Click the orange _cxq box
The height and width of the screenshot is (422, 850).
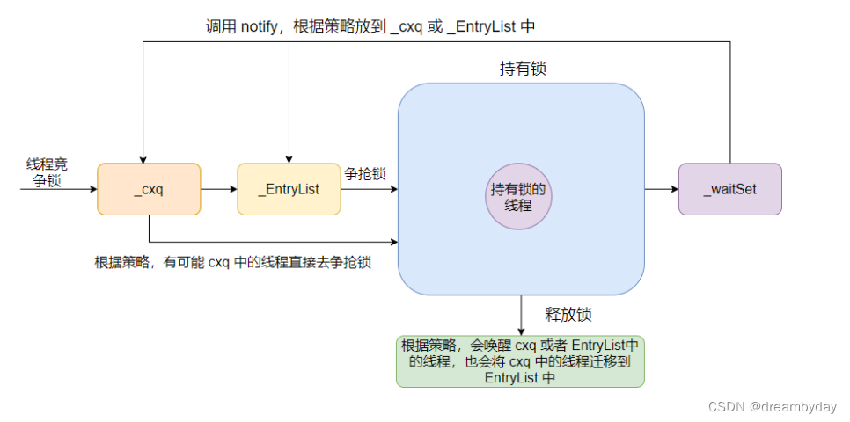(x=149, y=189)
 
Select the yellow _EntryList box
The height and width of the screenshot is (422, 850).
(x=289, y=189)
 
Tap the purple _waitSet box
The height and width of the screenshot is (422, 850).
(x=729, y=189)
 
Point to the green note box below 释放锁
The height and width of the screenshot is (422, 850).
(x=520, y=360)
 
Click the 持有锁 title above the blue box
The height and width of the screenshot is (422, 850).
(x=522, y=69)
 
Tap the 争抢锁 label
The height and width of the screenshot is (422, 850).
(x=365, y=174)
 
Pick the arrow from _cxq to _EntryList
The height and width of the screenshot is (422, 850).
(x=219, y=189)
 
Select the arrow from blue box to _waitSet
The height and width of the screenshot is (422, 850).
(x=661, y=189)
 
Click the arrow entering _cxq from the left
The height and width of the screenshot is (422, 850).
(x=57, y=189)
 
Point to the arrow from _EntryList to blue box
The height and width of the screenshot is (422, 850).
(x=370, y=189)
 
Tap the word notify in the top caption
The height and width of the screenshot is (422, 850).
(x=262, y=27)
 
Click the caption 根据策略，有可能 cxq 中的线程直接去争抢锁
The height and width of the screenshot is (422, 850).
(x=232, y=263)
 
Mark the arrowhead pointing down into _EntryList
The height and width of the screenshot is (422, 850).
(x=289, y=157)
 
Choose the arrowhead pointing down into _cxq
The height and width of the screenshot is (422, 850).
(x=141, y=157)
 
